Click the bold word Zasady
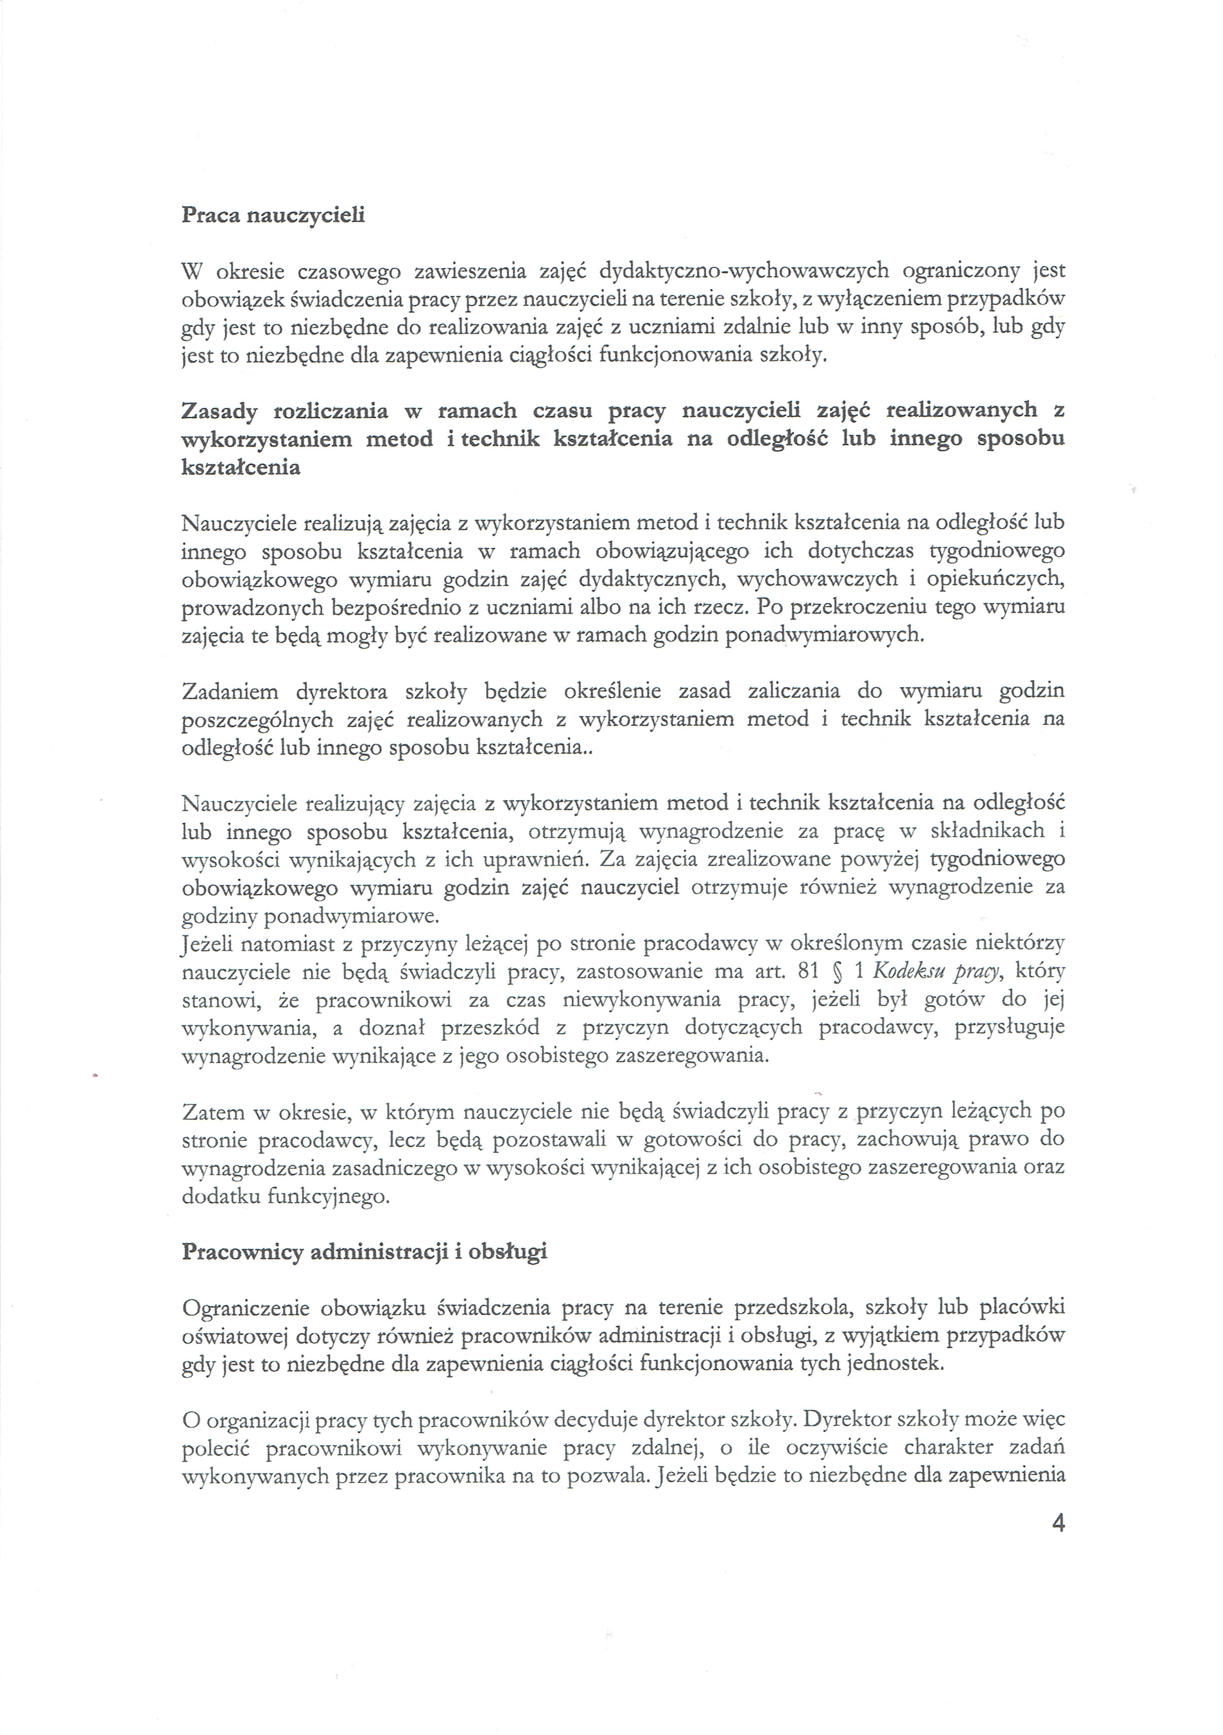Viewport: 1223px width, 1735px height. pos(220,412)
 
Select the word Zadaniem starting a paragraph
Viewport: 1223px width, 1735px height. pos(230,691)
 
